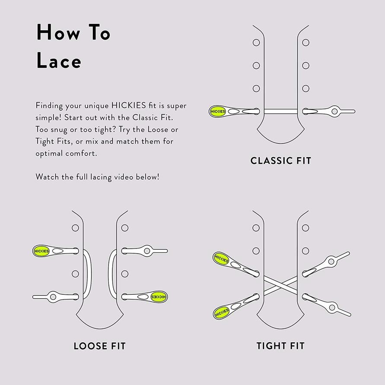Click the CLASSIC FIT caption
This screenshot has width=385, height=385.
tap(280, 161)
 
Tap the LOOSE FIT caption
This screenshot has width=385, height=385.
tap(100, 346)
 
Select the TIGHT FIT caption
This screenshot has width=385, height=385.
tap(280, 346)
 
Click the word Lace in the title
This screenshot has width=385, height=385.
tap(59, 60)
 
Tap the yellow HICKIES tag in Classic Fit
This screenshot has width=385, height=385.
tap(218, 111)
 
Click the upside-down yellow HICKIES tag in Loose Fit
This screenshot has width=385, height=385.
tap(159, 297)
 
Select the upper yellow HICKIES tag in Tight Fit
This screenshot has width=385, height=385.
tap(222, 259)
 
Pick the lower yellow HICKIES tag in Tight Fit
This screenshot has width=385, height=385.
tap(222, 312)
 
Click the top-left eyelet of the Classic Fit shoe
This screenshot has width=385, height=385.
tap(256, 42)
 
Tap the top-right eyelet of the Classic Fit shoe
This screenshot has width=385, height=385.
tap(305, 42)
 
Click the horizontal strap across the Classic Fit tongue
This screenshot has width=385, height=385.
tap(281, 111)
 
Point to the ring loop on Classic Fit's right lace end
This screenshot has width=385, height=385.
tap(334, 111)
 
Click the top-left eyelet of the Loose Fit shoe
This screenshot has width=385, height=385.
tap(75, 228)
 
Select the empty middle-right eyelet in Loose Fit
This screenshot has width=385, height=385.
tap(125, 274)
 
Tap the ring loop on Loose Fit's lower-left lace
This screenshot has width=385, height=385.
tap(53, 297)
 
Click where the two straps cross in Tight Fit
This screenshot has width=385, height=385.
tap(281, 285)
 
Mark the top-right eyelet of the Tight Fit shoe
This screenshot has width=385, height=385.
tap(305, 228)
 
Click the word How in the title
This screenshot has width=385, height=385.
tap(58, 32)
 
